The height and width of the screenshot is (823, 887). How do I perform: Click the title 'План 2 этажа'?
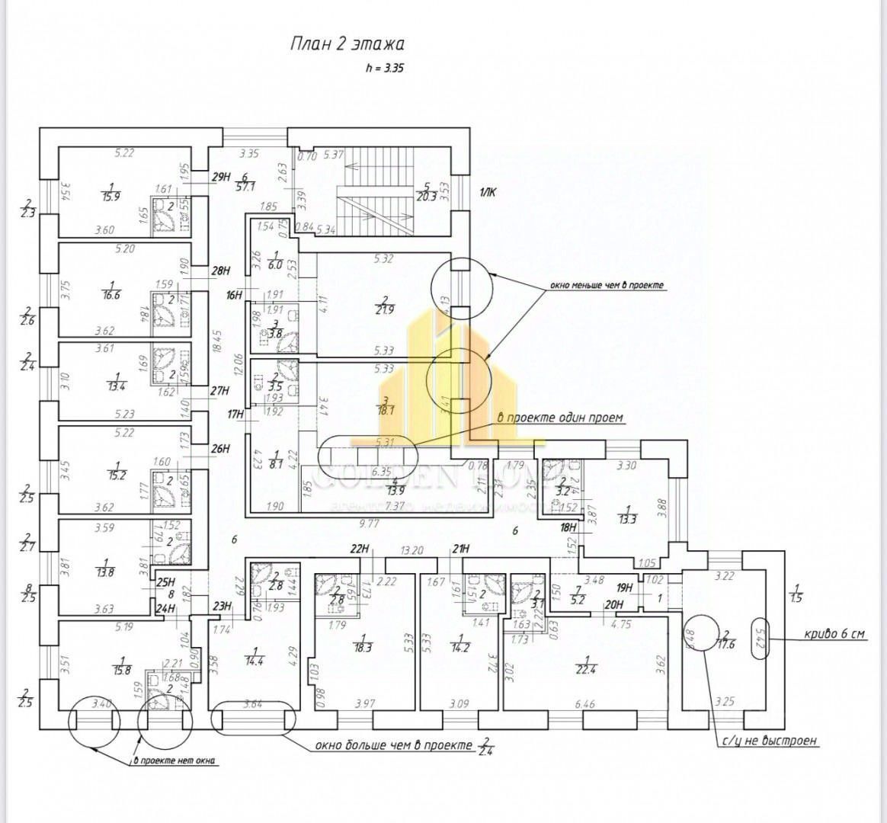click(x=347, y=43)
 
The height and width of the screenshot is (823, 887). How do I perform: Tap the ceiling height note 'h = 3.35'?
click(x=385, y=68)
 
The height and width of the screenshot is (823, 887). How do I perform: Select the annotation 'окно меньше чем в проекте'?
click(x=607, y=286)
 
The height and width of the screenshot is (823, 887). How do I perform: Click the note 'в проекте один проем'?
click(x=560, y=418)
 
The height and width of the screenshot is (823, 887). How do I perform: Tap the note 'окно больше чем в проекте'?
click(x=394, y=745)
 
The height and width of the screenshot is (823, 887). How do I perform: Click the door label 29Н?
click(x=221, y=177)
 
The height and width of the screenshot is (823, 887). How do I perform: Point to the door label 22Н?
click(x=359, y=549)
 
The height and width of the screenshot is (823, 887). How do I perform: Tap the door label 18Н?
click(x=567, y=527)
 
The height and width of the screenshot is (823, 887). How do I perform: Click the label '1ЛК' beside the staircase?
click(x=488, y=194)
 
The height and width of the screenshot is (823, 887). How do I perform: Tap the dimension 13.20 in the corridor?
click(x=411, y=549)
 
